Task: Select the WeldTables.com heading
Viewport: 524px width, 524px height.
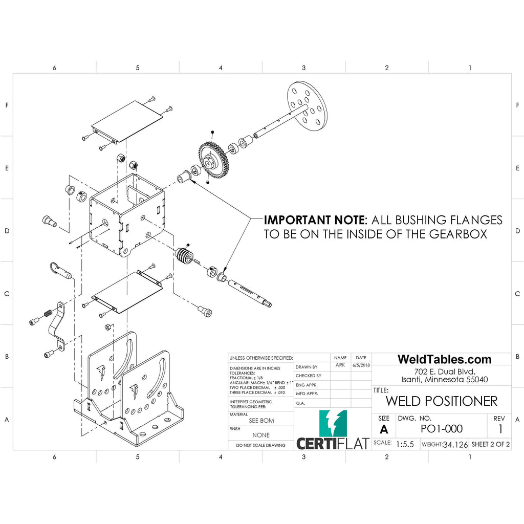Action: pyautogui.click(x=444, y=359)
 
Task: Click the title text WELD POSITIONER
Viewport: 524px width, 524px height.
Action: pyautogui.click(x=441, y=400)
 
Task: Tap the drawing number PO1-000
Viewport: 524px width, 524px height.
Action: pyautogui.click(x=441, y=429)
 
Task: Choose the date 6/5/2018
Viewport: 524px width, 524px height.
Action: pyautogui.click(x=361, y=365)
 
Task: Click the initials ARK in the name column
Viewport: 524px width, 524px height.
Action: pyautogui.click(x=340, y=365)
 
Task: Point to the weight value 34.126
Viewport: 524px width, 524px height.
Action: pyautogui.click(x=455, y=444)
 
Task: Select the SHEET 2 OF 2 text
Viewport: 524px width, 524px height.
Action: pyautogui.click(x=490, y=444)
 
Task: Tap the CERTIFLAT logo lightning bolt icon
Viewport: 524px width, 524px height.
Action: pyautogui.click(x=333, y=423)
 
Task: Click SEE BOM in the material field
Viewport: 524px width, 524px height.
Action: pyautogui.click(x=261, y=420)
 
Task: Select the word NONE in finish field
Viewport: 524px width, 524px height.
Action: pyautogui.click(x=261, y=435)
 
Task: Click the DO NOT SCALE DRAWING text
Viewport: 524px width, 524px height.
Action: pyautogui.click(x=261, y=445)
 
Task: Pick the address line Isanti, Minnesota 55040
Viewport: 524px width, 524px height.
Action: pyautogui.click(x=444, y=379)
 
